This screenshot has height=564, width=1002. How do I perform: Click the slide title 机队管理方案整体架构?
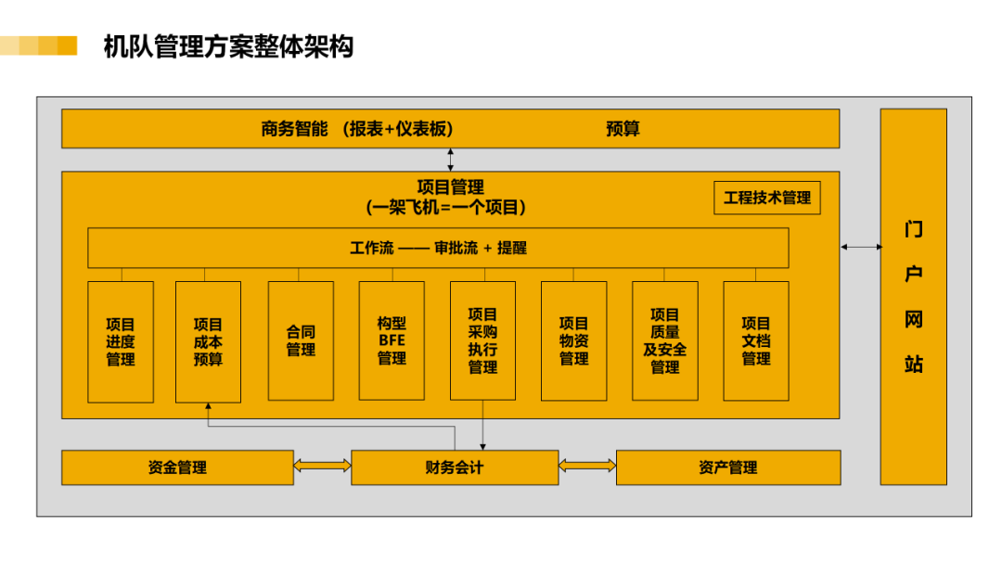click(x=228, y=46)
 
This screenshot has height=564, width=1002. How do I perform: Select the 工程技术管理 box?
click(x=767, y=198)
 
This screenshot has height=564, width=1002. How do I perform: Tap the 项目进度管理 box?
click(x=120, y=341)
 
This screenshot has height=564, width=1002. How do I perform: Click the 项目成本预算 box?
click(x=209, y=341)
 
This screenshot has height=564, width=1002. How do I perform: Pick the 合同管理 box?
click(x=301, y=341)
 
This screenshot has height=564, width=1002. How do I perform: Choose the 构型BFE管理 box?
click(x=392, y=341)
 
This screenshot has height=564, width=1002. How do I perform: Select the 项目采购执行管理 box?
click(x=482, y=341)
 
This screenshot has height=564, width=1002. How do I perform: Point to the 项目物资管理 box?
click(x=574, y=341)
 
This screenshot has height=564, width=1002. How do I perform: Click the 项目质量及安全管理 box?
click(x=665, y=341)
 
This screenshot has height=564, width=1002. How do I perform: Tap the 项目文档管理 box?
click(x=756, y=341)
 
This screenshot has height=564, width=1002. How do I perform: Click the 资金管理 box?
click(x=177, y=468)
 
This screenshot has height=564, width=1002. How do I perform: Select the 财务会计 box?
click(x=455, y=468)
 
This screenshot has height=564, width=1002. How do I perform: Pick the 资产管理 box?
click(x=728, y=468)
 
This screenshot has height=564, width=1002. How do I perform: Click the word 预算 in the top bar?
click(x=623, y=129)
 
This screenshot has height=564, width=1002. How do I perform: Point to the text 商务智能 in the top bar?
click(x=295, y=129)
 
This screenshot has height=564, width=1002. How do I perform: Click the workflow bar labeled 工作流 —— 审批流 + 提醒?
click(x=438, y=248)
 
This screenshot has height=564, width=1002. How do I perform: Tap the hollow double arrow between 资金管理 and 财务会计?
click(x=322, y=466)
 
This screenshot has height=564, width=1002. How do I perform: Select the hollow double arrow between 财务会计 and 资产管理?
click(x=587, y=466)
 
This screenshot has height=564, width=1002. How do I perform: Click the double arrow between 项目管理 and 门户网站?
click(x=861, y=247)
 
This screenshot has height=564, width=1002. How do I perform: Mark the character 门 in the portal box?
click(x=914, y=229)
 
